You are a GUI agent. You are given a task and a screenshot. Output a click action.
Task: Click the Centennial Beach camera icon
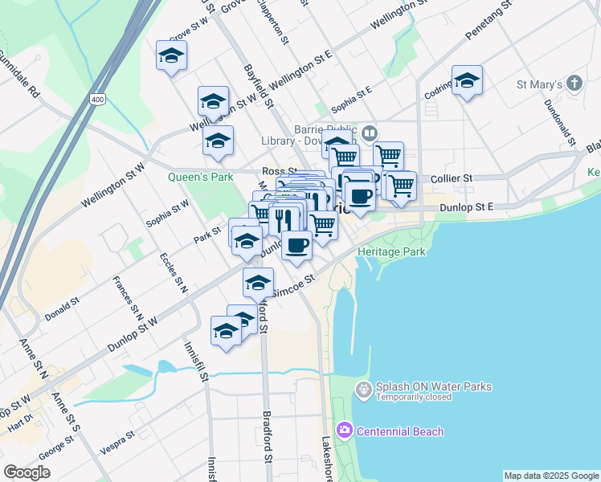(x=345, y=431)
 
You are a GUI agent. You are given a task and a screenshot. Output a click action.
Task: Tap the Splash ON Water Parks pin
(x=363, y=390)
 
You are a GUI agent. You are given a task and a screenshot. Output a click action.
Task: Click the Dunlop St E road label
(x=466, y=207)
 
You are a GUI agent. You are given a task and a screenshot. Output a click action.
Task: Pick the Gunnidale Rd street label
(x=19, y=76)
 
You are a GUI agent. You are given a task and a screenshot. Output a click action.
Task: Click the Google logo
(x=27, y=472)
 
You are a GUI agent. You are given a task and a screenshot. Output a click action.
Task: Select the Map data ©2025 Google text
(x=550, y=476)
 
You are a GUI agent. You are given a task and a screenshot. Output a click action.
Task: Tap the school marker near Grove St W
(x=171, y=55)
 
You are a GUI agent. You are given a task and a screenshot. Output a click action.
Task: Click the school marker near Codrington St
(x=467, y=80)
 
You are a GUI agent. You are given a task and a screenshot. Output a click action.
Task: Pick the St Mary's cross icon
(x=574, y=83)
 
